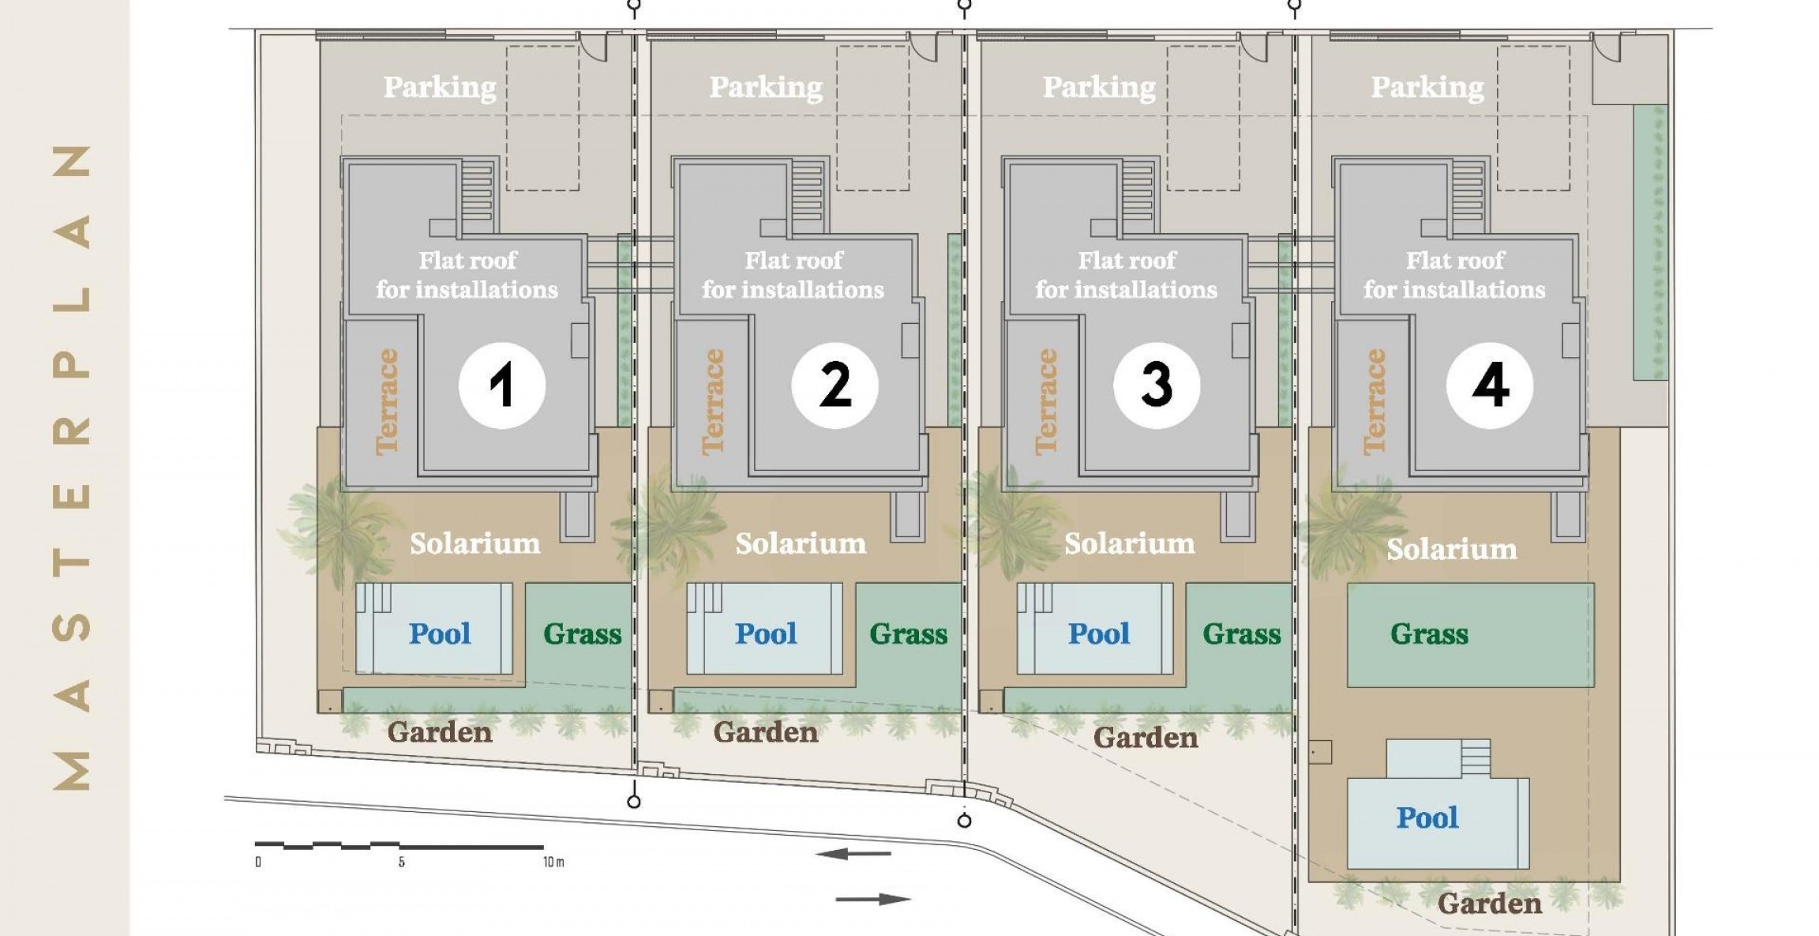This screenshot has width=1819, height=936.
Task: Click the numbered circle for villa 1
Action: (502, 385)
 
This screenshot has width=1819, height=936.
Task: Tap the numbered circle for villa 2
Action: (834, 385)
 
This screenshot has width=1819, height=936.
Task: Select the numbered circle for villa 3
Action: (1157, 385)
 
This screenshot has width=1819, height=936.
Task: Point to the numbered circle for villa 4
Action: (1490, 385)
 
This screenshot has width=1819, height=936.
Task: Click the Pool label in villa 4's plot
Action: (1427, 818)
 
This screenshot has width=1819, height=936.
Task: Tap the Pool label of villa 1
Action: (440, 633)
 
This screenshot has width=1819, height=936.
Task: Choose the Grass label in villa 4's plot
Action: (1429, 633)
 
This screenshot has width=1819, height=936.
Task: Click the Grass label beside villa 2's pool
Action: (909, 633)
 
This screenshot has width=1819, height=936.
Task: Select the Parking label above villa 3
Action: (1099, 87)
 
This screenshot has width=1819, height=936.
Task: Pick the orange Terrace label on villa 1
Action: (387, 402)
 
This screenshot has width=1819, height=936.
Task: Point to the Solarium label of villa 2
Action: (801, 543)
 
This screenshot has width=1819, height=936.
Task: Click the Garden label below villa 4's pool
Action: (1489, 903)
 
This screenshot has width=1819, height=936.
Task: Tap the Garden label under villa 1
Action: (440, 731)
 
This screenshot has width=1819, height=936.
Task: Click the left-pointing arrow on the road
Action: (853, 854)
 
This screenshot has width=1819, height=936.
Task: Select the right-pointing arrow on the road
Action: (873, 899)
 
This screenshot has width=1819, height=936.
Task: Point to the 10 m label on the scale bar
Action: (553, 862)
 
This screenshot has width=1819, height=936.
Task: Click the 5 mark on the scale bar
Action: (401, 862)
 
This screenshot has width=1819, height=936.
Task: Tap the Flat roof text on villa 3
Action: (1127, 260)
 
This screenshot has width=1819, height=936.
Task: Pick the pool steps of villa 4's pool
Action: (1475, 758)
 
